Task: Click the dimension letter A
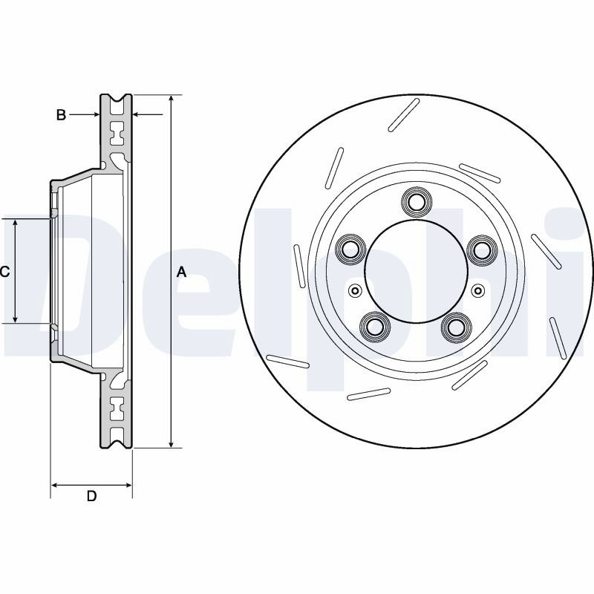182,272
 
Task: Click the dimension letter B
61,114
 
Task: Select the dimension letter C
4,271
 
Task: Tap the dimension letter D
91,495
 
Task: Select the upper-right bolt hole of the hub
482,249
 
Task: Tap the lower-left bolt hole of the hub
375,325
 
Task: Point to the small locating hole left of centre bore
355,290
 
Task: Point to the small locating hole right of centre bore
478,290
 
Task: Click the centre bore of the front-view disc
417,271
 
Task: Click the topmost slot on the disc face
404,115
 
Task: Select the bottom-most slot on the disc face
368,394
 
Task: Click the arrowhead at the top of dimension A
172,99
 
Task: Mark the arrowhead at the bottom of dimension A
172,443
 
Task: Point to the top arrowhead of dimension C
15,223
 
